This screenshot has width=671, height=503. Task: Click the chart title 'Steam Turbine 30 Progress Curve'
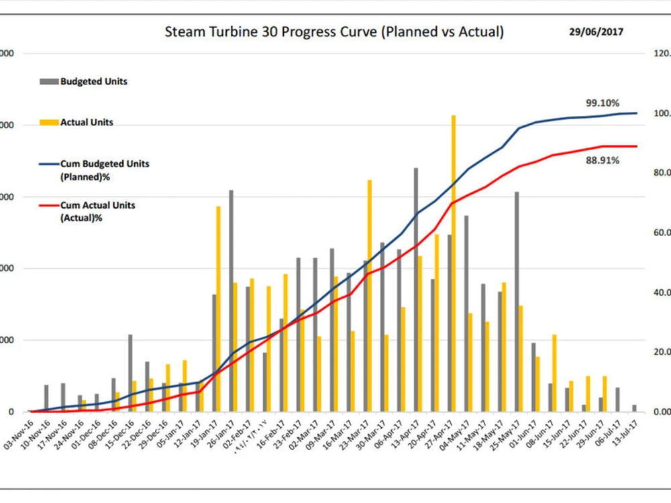tap(334, 32)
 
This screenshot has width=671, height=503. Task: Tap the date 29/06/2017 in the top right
tap(595, 32)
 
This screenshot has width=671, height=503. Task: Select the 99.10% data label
tap(602, 103)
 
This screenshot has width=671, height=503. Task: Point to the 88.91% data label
tap(602, 160)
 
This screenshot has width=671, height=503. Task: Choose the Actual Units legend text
tap(87, 123)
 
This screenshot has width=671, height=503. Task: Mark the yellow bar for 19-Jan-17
tap(218, 309)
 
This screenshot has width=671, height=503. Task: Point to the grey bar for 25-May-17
tap(517, 302)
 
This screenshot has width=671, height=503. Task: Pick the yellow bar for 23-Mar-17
tap(370, 295)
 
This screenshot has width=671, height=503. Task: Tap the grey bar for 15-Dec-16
tap(130, 373)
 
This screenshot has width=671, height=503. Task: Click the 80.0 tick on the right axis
tap(656, 173)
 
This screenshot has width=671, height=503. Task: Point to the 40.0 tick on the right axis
tap(656, 292)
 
